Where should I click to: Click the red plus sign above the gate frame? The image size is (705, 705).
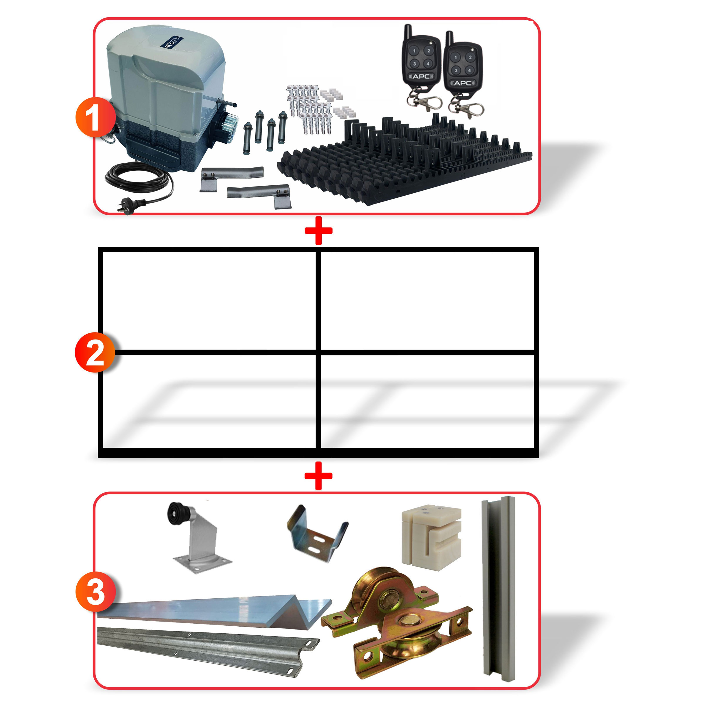(318, 231)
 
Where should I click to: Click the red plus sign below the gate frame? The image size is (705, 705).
(318, 476)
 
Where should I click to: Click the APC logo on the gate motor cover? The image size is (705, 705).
(170, 42)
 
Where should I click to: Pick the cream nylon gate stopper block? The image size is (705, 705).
(431, 537)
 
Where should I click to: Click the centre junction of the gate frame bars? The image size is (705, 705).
(318, 352)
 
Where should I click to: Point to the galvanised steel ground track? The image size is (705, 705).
(204, 647)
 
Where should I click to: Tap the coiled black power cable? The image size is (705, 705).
(139, 178)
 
